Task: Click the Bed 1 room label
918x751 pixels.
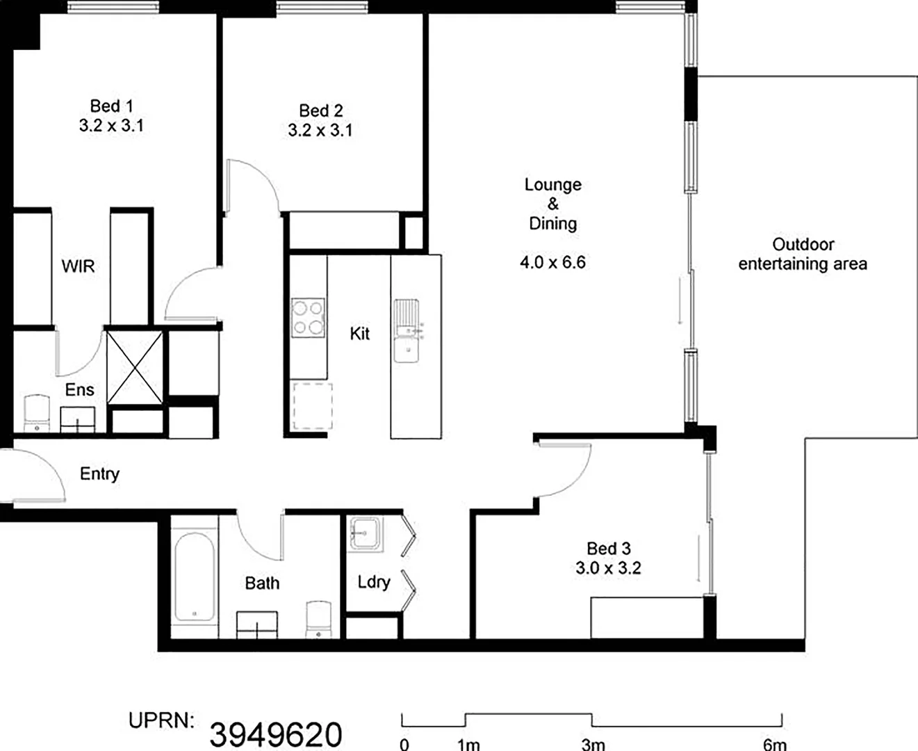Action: pos(111,106)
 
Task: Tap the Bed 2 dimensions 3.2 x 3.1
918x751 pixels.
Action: pos(320,130)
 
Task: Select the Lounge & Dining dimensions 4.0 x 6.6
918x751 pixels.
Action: pos(552,262)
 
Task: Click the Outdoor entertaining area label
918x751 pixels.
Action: pos(803,254)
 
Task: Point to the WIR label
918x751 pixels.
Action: pos(78,266)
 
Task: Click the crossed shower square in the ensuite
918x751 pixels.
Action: pos(135,366)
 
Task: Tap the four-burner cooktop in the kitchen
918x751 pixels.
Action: pos(308,317)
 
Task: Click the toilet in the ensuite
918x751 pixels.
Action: pos(38,413)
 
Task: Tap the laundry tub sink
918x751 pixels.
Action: pos(366,533)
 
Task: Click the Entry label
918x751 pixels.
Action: pos(99,474)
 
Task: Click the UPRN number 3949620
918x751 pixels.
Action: pos(276,734)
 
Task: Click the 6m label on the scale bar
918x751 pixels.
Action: pos(775,744)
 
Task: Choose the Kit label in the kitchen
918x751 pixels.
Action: pos(359,334)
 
